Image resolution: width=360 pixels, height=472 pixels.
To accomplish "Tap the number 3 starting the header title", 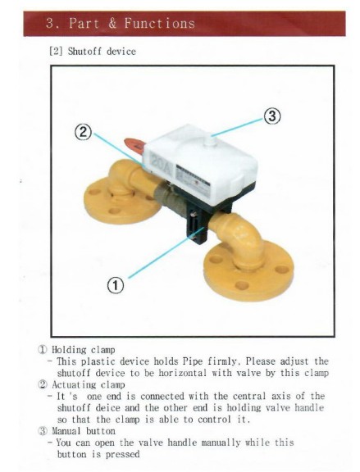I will click(51, 23).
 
